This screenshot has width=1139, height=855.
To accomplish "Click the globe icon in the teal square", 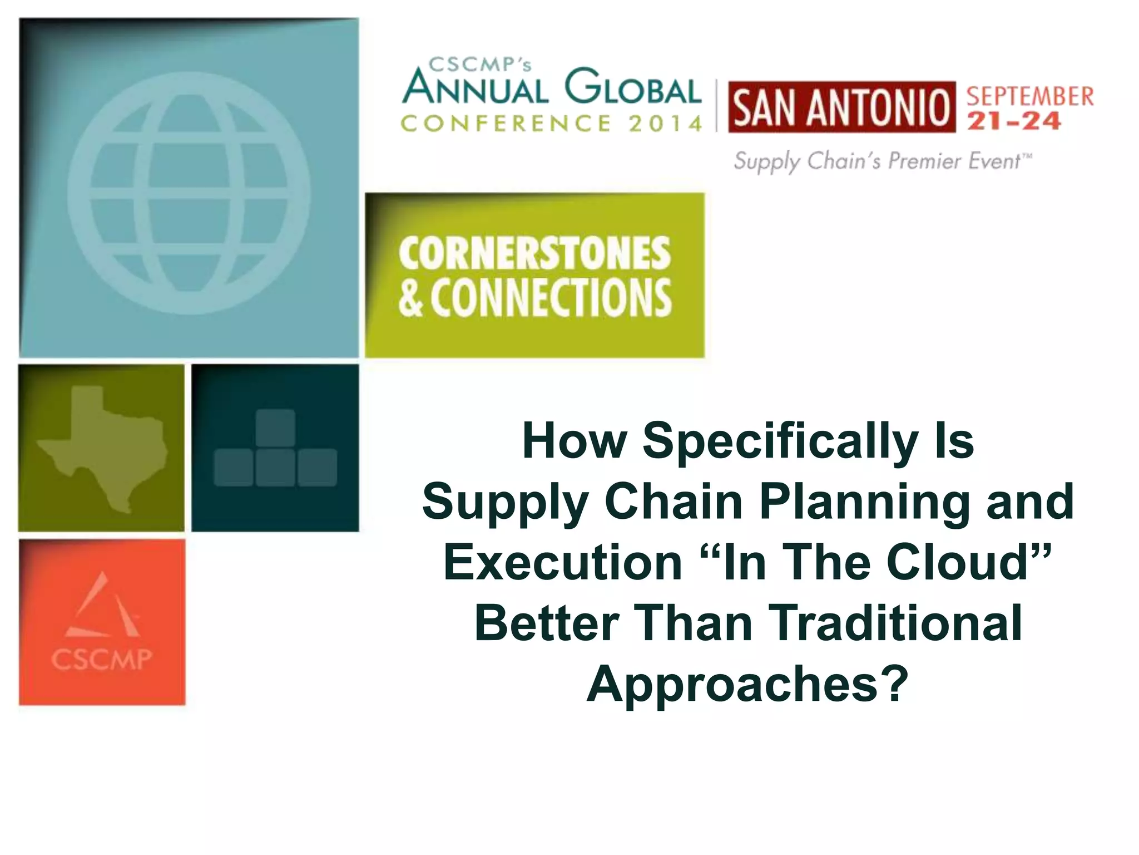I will [x=189, y=193].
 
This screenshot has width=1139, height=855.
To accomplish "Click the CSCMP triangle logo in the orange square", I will [x=103, y=607].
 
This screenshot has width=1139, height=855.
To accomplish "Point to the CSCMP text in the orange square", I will [x=102, y=660].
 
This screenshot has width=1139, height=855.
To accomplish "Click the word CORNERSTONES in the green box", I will [x=534, y=254].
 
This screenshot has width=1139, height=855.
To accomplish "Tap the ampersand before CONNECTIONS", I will [x=410, y=298].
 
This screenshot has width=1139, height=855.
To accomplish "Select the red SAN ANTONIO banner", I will [x=841, y=107].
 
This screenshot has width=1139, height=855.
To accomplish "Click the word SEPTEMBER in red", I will [x=1029, y=96].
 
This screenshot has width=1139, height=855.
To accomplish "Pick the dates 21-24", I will [x=1013, y=121].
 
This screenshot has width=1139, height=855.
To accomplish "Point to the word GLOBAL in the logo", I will [x=632, y=88].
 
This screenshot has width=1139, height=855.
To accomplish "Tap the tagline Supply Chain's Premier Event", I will [x=882, y=161].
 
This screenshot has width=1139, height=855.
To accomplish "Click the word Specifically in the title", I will [x=780, y=441].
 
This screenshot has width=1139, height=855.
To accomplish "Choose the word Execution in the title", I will [x=563, y=562].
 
